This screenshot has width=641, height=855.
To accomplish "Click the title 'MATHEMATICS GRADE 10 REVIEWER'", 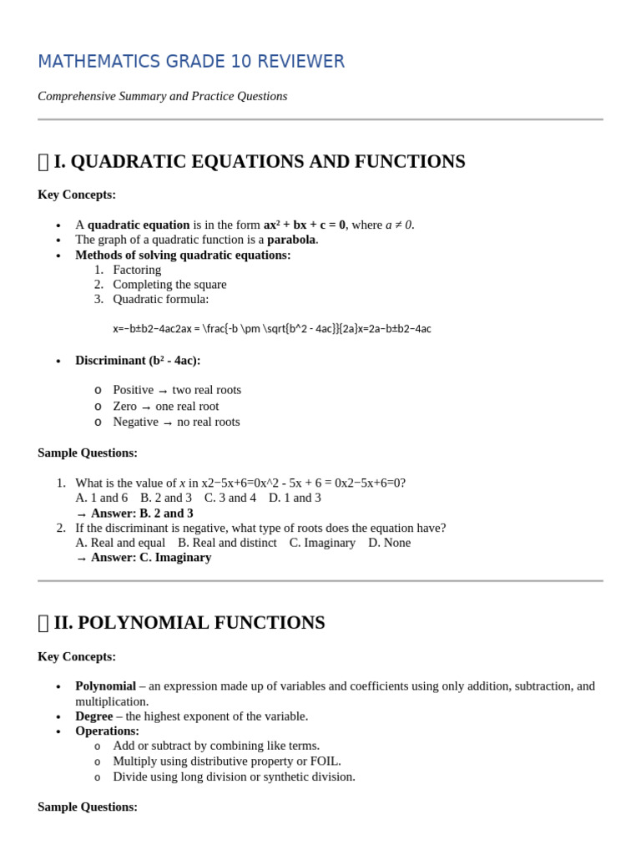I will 191,62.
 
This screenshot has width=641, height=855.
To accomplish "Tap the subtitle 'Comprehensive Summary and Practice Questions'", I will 163,96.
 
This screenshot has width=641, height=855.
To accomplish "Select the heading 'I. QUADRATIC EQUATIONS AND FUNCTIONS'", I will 259,161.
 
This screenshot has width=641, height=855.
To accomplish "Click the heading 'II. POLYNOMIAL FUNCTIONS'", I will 189,623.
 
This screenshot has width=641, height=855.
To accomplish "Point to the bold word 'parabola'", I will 292,240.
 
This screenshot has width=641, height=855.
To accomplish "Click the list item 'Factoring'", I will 137,270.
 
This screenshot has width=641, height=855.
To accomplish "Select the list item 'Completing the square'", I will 169,285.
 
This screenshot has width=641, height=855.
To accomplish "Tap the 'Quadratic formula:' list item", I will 160,299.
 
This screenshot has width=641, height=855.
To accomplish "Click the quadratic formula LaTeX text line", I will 272,329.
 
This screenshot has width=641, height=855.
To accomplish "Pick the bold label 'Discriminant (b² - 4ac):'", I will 138,361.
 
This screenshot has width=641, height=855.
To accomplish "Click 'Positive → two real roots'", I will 177,390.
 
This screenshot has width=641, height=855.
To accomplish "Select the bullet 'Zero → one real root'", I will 166,407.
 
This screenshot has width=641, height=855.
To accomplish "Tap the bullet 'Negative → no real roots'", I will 176,422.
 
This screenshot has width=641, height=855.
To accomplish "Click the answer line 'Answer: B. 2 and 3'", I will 142,514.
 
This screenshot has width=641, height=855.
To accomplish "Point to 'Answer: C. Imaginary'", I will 151,558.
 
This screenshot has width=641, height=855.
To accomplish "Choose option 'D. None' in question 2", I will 389,543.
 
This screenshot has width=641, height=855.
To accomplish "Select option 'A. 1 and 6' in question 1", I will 101,498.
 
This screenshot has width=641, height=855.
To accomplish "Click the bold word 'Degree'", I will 93,716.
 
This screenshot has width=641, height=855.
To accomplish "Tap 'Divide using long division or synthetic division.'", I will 234,777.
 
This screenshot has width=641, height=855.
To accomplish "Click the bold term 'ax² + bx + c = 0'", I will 304,225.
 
